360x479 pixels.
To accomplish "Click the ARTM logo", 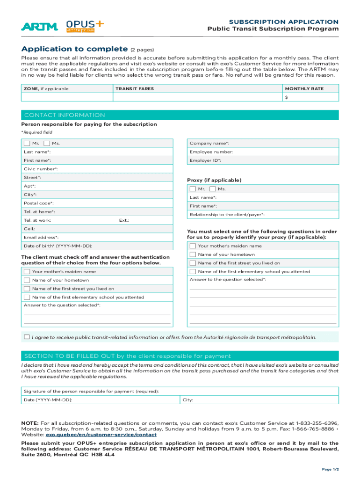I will [39, 27].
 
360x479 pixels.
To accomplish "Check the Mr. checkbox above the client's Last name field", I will [27, 143].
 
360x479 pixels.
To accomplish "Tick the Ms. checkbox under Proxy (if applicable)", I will [213, 189].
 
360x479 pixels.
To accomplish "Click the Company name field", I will [262, 143].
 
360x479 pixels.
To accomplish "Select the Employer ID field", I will [262, 160].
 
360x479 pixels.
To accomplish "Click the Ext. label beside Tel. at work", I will [124, 220].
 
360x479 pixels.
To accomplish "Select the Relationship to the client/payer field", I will [262, 215].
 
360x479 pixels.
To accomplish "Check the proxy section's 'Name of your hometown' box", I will [193, 254].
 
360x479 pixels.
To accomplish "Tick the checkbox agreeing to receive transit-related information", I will [27, 337].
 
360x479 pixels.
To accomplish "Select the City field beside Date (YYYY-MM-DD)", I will [259, 400].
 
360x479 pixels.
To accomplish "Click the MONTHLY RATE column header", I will [304, 88].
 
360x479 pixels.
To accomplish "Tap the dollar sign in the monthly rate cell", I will [286, 97].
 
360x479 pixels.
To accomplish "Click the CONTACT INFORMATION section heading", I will [65, 115].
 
